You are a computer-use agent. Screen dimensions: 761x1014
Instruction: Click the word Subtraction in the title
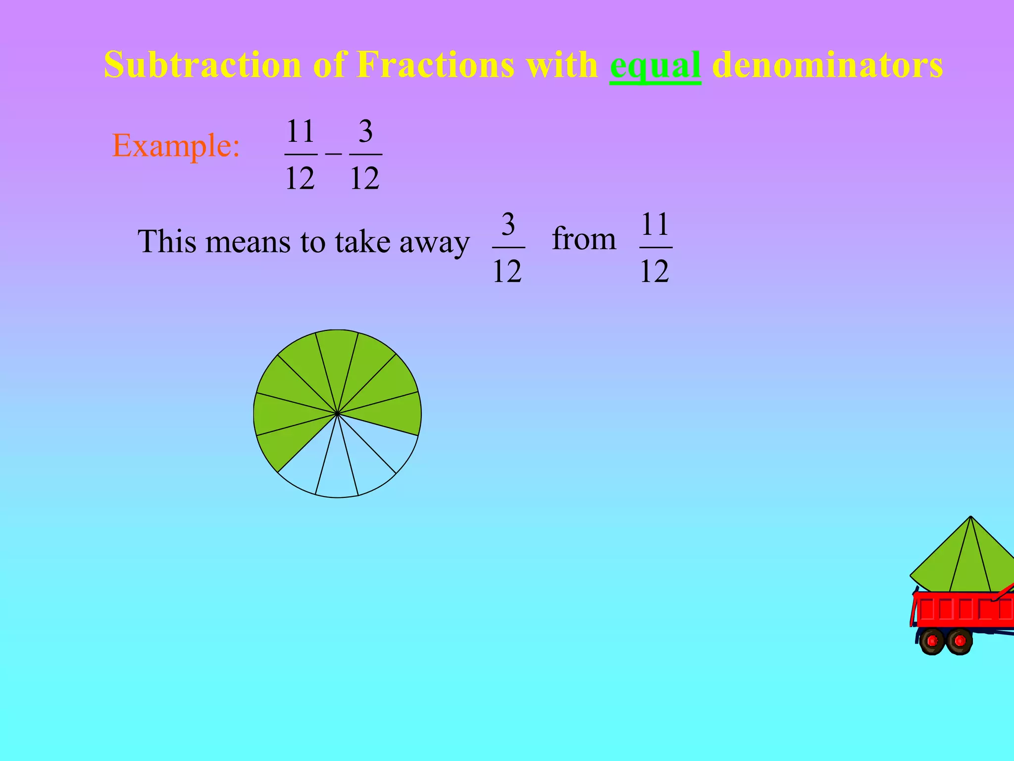tap(203, 64)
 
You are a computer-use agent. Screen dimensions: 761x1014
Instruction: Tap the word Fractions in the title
tap(435, 64)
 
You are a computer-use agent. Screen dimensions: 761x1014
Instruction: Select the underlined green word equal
tap(655, 65)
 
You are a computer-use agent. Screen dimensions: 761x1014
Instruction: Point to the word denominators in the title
tap(827, 64)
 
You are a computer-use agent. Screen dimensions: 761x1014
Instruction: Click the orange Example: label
tap(176, 146)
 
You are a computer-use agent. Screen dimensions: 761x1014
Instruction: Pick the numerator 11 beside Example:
tap(301, 131)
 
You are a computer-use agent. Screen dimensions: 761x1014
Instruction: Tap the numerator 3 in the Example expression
tap(365, 131)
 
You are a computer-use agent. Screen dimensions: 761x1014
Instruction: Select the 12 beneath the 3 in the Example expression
tap(365, 178)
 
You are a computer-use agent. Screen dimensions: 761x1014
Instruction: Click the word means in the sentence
tap(248, 242)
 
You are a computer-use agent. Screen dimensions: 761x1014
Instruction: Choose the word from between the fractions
tap(584, 239)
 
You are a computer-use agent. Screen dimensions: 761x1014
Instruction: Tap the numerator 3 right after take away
tap(508, 224)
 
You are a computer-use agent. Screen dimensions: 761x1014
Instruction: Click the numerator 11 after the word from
tap(656, 224)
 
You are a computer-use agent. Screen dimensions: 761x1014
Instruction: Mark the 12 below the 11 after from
tap(655, 271)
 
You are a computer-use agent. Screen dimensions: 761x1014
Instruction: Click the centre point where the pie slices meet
tap(337, 413)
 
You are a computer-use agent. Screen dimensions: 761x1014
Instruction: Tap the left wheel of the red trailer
tap(932, 641)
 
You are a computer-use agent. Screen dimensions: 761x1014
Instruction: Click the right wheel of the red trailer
tap(960, 641)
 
